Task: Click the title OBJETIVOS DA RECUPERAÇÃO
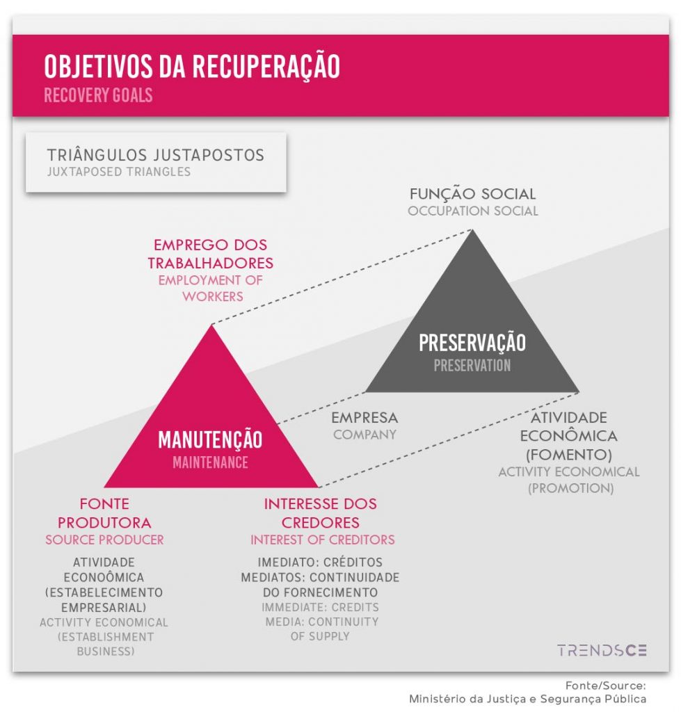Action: click(192, 66)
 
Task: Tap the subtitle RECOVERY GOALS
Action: click(98, 95)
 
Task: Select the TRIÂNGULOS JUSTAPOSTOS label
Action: click(155, 155)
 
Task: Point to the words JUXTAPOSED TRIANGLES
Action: click(119, 172)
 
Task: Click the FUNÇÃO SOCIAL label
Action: click(472, 194)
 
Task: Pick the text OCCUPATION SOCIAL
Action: click(472, 211)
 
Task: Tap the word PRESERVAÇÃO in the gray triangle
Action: click(472, 343)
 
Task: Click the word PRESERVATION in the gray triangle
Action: click(472, 366)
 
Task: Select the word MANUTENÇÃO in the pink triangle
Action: click(210, 439)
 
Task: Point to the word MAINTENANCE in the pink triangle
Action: click(210, 462)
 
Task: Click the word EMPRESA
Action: click(364, 417)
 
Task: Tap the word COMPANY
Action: click(364, 435)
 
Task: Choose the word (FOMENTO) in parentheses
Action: click(569, 455)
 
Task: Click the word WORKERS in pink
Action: click(213, 296)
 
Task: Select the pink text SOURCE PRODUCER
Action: click(104, 540)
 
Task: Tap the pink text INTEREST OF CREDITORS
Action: click(323, 540)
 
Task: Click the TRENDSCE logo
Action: click(602, 650)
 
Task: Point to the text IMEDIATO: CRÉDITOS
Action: click(320, 562)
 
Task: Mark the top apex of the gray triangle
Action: click(472, 229)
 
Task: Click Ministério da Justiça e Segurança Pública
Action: click(527, 699)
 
